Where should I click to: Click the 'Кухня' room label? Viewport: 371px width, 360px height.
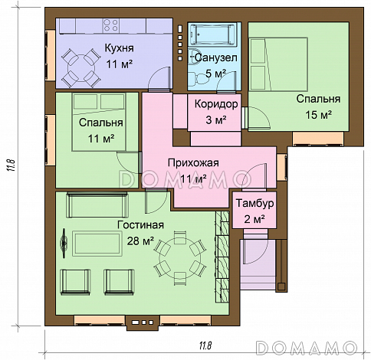[x=119, y=48]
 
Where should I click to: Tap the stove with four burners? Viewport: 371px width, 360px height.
[x=110, y=25]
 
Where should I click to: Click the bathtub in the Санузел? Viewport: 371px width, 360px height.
[x=214, y=34]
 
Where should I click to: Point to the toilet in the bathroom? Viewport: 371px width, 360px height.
[x=199, y=78]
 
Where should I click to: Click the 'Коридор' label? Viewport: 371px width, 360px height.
[x=216, y=104]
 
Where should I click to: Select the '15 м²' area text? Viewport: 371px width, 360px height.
[x=319, y=115]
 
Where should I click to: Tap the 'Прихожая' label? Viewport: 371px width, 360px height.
[x=193, y=162]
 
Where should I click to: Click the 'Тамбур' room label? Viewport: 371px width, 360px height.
[x=254, y=203]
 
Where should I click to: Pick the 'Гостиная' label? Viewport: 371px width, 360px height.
[x=140, y=225]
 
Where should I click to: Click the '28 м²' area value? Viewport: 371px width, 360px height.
[x=140, y=241]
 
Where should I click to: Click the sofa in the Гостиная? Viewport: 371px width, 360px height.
[x=97, y=205]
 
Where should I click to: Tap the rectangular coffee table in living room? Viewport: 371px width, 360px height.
[x=97, y=244]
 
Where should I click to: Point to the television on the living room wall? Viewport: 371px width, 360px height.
[x=64, y=244]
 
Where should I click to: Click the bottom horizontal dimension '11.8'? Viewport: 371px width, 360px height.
[x=205, y=346]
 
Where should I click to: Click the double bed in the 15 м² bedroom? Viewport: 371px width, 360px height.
[x=278, y=64]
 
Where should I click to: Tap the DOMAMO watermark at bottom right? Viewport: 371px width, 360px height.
[x=307, y=348]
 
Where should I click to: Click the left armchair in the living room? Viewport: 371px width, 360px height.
[x=75, y=282]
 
